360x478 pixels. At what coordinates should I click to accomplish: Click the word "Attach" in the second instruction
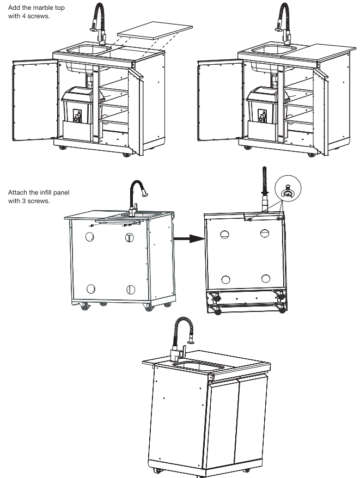[17, 193]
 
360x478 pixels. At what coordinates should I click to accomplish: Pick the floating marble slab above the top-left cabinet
[143, 34]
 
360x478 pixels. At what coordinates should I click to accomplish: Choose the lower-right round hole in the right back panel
[265, 278]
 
